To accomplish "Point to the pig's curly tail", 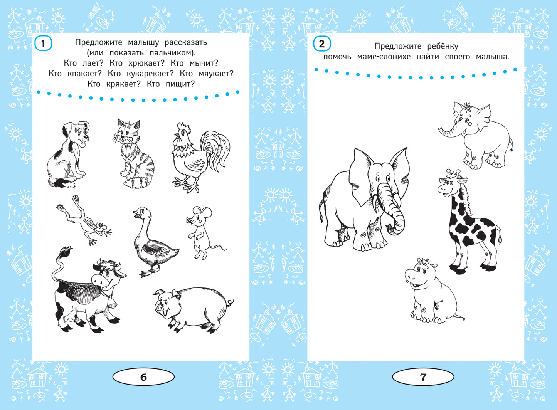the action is [230, 302].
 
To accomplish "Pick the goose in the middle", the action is [154, 241].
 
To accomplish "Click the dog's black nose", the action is [86, 137].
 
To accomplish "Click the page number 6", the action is [143, 377].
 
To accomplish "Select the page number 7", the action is [423, 377].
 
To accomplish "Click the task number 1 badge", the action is [43, 44].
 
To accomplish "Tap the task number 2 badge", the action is [322, 44].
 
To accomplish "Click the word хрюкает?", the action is [146, 64].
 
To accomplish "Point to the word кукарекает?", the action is [150, 74].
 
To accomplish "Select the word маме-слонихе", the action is [384, 57].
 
